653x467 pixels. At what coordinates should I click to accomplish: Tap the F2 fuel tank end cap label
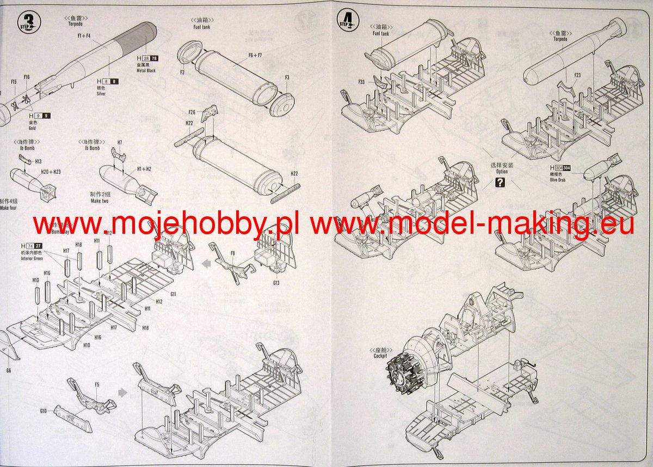182,71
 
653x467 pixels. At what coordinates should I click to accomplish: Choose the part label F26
192,112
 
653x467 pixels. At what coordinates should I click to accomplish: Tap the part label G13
276,283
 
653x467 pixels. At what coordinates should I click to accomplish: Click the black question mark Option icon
501,183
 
